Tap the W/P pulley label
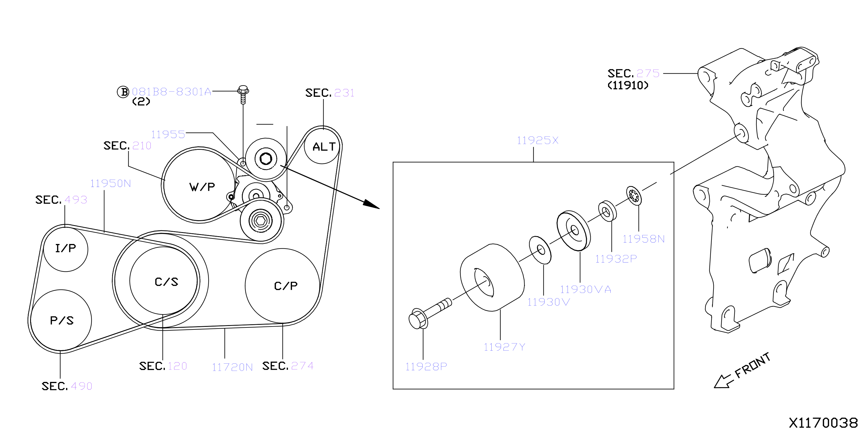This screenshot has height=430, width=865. pos(202,187)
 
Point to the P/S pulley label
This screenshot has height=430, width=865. pos(62,320)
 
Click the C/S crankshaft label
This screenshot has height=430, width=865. pos(167,282)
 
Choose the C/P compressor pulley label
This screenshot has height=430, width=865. pos(286,286)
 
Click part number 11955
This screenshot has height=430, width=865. pos(168,134)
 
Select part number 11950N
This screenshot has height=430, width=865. pos(110,183)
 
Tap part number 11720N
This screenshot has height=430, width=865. pos(232,367)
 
